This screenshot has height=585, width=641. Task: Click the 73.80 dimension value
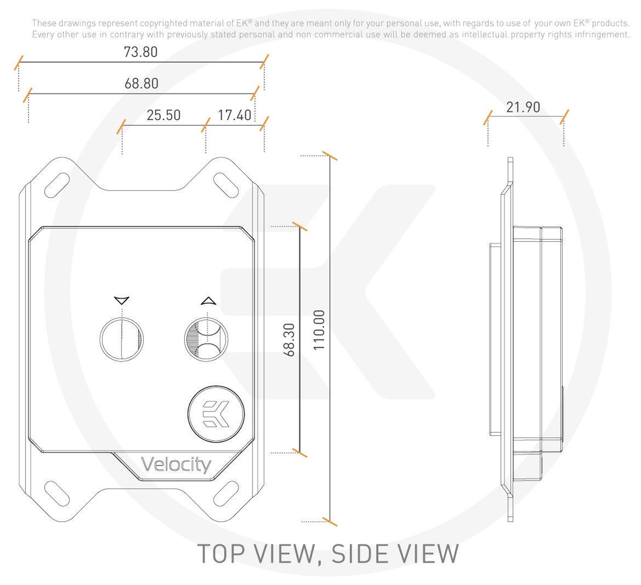click(140, 52)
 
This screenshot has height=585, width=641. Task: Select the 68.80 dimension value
click(141, 83)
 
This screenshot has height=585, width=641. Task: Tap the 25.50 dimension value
click(163, 115)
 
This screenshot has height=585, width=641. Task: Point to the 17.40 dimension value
click(235, 115)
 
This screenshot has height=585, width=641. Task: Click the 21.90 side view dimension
click(523, 107)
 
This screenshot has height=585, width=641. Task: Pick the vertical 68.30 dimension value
click(289, 340)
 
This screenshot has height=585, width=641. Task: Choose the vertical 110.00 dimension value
click(319, 330)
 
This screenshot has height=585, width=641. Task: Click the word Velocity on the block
click(176, 465)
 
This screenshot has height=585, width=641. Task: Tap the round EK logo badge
click(216, 414)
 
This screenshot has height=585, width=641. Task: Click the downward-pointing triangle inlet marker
click(121, 300)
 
